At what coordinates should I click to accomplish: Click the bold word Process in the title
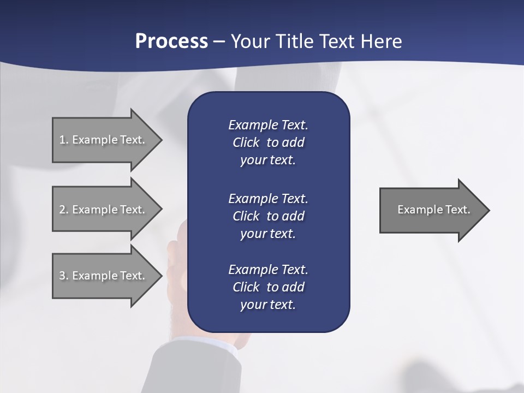[x=171, y=41]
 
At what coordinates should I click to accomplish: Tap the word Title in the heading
[x=293, y=41]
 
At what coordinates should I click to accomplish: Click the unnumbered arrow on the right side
[x=431, y=210]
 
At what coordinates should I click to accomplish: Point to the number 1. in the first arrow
[x=63, y=140]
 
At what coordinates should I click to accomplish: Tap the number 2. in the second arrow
[x=63, y=210]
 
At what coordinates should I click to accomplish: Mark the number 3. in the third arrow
[x=63, y=276]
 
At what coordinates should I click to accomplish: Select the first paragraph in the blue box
[x=268, y=142]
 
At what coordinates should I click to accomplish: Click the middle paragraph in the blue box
[x=268, y=216]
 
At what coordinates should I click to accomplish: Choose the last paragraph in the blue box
[x=268, y=287]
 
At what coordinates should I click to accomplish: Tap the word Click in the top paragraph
[x=246, y=142]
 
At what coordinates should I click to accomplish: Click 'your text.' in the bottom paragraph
[x=268, y=305]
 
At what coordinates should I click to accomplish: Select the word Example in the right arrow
[x=416, y=210]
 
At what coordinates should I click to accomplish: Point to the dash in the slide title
[x=219, y=41]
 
